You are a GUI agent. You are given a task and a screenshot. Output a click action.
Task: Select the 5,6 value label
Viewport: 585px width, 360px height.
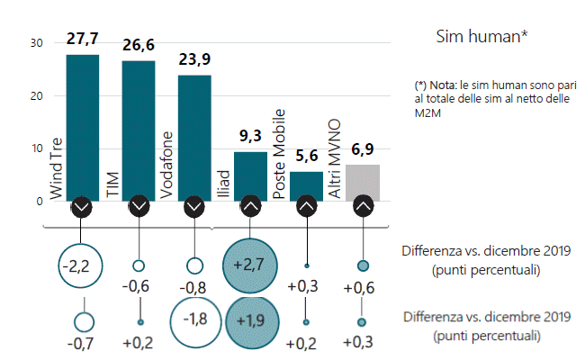coord(306,157)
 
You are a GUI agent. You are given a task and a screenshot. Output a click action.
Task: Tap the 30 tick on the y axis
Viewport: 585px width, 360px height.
coord(36,43)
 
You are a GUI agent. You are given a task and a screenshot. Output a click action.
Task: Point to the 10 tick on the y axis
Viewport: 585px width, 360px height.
coord(36,148)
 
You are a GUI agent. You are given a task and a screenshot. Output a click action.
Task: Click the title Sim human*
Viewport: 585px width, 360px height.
coord(481,37)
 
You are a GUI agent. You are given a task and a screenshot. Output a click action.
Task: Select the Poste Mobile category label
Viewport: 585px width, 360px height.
coord(280,153)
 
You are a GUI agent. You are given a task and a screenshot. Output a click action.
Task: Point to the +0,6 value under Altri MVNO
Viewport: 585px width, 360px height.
coord(363,288)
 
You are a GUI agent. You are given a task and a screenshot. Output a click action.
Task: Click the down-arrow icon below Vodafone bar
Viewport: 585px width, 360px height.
coord(194,207)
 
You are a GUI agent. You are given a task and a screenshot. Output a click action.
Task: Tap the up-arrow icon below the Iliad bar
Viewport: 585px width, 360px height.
coord(250,207)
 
